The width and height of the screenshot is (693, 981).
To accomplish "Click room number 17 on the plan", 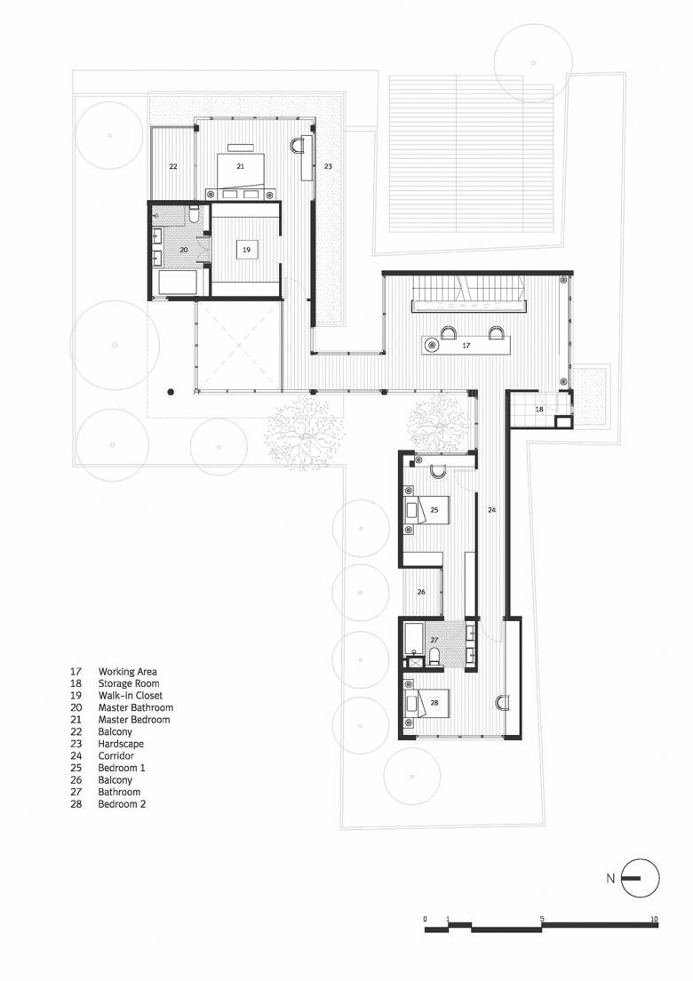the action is point(466,346).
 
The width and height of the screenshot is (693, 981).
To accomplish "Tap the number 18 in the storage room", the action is point(539,409).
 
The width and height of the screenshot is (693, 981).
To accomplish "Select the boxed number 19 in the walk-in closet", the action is point(246,250).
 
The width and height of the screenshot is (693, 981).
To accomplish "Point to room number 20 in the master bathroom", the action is point(183,250).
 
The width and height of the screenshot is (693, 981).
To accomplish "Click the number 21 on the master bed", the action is point(240,166).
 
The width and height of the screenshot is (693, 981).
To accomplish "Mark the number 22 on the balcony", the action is point(173,166).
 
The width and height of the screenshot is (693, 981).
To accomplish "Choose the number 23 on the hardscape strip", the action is point(328,166).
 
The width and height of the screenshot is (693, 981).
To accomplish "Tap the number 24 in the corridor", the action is point(491,511).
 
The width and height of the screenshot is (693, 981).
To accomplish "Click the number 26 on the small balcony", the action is point(421,592).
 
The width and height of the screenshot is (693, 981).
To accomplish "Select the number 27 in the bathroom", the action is point(434,640).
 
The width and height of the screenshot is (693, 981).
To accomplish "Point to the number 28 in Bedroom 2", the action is point(434,703).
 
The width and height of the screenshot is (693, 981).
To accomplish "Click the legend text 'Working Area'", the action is point(128,672).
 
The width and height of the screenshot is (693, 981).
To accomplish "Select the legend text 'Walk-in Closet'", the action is point(130,696).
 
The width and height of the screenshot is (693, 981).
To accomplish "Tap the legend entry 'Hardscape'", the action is point(121,744).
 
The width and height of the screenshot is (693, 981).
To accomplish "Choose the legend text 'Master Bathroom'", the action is point(136,707).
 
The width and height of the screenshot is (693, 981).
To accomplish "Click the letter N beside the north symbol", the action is point(609,879).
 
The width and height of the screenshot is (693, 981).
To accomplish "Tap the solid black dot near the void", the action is point(170,393).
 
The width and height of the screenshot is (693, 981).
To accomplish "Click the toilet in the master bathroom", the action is point(194,216).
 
